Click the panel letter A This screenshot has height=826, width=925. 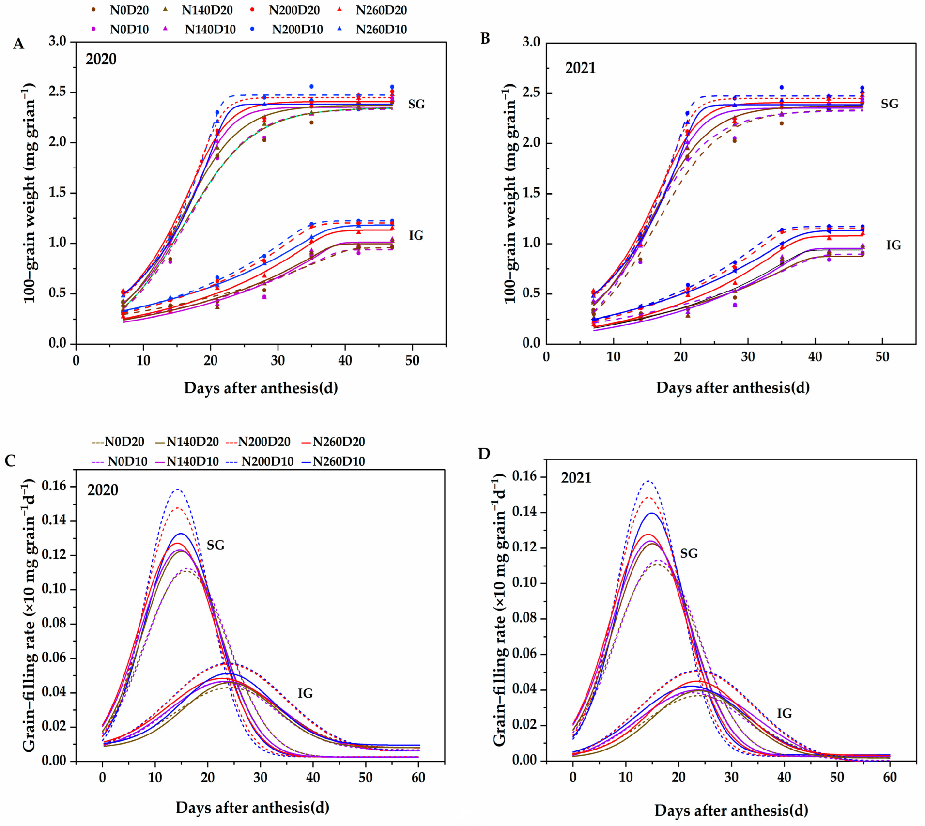pyautogui.click(x=18, y=44)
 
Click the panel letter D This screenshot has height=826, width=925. pyautogui.click(x=484, y=454)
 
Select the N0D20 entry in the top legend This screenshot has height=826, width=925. pyautogui.click(x=129, y=10)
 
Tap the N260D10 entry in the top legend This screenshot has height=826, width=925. pyautogui.click(x=381, y=30)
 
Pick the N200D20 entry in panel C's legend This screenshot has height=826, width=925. pyautogui.click(x=264, y=442)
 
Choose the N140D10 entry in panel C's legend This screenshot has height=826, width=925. pyautogui.click(x=192, y=461)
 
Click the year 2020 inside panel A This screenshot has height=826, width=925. pyautogui.click(x=101, y=59)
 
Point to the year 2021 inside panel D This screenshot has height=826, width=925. pyautogui.click(x=576, y=478)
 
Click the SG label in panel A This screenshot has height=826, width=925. pyautogui.click(x=416, y=104)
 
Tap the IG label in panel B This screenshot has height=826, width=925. pyautogui.click(x=894, y=245)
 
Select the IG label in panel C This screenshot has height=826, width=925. pyautogui.click(x=305, y=693)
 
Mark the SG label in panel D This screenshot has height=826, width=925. pyautogui.click(x=689, y=553)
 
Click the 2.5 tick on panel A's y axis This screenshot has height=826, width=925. pyautogui.click(x=58, y=92)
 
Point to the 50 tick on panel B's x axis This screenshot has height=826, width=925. pyautogui.click(x=882, y=357)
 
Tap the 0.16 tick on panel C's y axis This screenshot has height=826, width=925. pyautogui.click(x=54, y=486)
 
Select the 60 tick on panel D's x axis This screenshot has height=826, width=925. pyautogui.click(x=890, y=777)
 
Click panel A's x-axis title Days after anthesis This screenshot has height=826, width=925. pyautogui.click(x=261, y=388)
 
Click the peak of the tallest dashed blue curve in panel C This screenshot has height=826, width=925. pyautogui.click(x=178, y=489)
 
